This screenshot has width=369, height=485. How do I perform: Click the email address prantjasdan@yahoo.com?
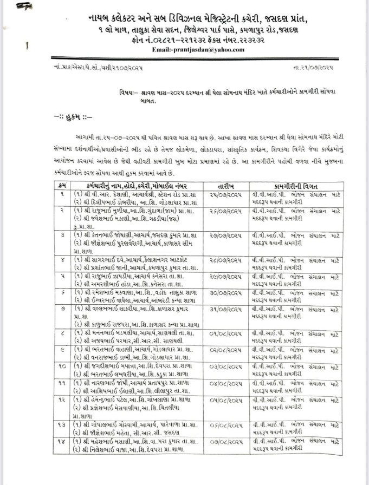pos(199,49)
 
